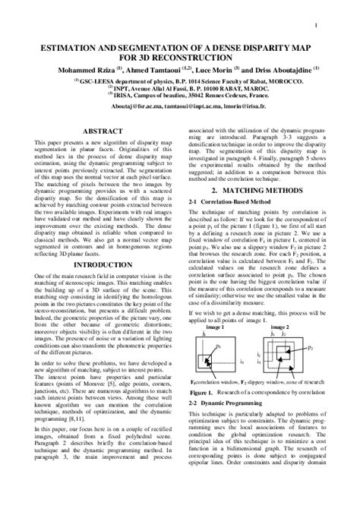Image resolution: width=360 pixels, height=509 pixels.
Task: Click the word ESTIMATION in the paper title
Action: pos(68,46)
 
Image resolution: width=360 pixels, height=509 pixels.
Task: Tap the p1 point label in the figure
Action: pos(240,346)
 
